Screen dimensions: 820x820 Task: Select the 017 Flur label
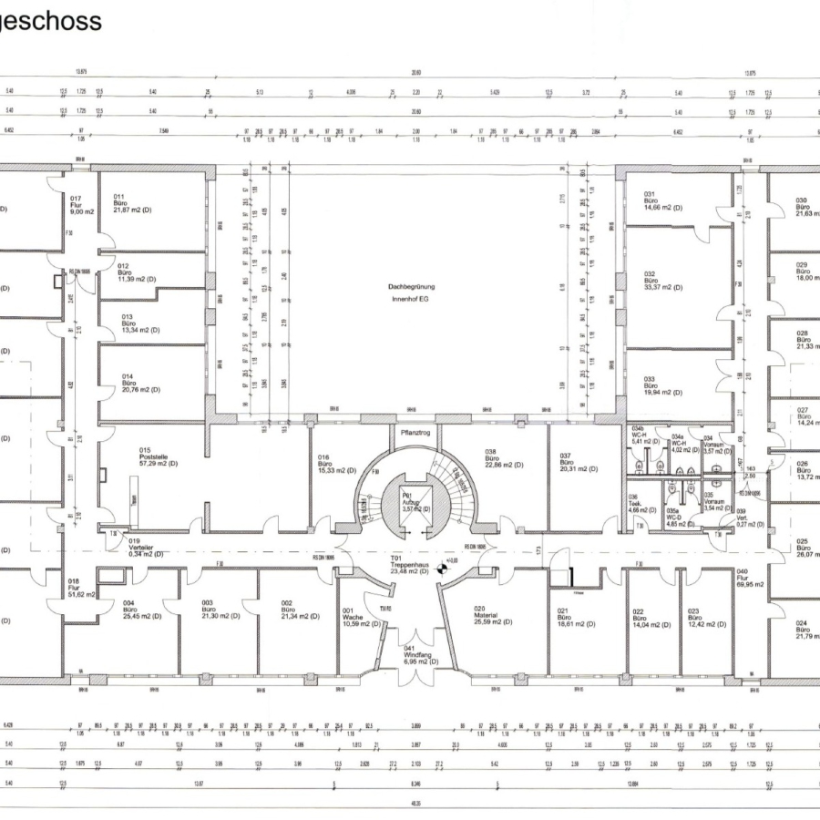point(77,204)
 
